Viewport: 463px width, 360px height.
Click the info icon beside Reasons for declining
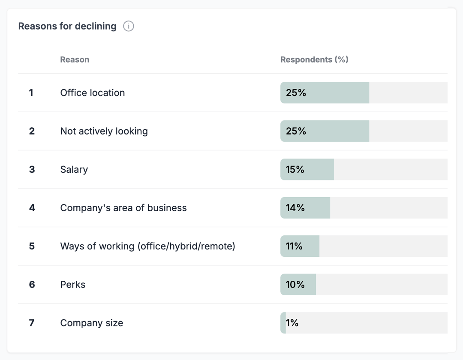pyautogui.click(x=129, y=26)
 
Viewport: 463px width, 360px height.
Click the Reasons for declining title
pyautogui.click(x=67, y=26)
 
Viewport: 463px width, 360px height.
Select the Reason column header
pyautogui.click(x=75, y=60)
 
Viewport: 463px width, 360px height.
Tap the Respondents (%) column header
pyautogui.click(x=314, y=60)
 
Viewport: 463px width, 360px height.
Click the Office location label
pyautogui.click(x=93, y=93)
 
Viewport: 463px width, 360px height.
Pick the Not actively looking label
pyautogui.click(x=104, y=131)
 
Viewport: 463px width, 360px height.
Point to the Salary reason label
pyautogui.click(x=74, y=169)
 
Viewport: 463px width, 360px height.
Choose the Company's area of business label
pyautogui.click(x=123, y=208)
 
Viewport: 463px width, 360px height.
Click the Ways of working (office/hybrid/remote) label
pyautogui.click(x=147, y=246)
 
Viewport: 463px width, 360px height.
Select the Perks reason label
pyautogui.click(x=73, y=285)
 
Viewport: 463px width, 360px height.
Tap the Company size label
pyautogui.click(x=92, y=323)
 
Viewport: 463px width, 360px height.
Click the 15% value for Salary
pyautogui.click(x=295, y=169)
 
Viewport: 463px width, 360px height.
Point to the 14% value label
pyautogui.click(x=295, y=208)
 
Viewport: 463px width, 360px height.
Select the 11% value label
pyautogui.click(x=294, y=246)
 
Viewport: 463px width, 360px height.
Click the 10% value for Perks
pyautogui.click(x=295, y=285)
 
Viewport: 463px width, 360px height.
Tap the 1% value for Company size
pyautogui.click(x=292, y=323)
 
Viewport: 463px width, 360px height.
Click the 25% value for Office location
pyautogui.click(x=296, y=93)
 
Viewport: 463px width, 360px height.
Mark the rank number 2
pyautogui.click(x=32, y=131)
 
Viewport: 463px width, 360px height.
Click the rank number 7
pyautogui.click(x=32, y=323)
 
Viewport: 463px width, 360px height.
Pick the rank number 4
pyautogui.click(x=32, y=208)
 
